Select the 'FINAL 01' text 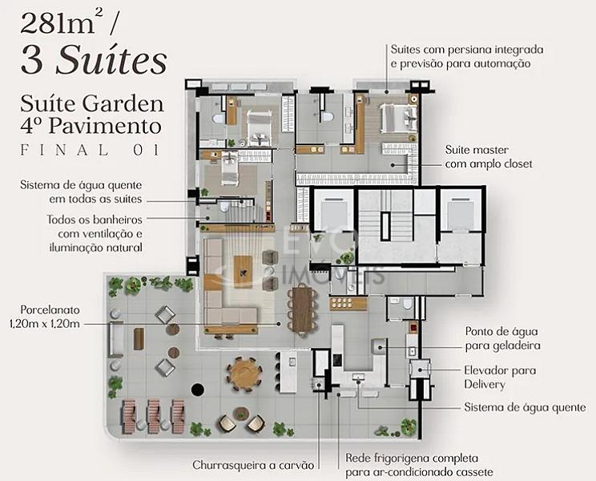point(90,150)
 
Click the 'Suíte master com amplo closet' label point(489,156)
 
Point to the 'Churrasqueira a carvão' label point(253,465)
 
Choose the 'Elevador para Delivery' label point(500,377)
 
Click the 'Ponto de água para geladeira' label point(502,338)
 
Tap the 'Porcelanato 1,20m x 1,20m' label point(45,317)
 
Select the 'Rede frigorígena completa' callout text point(412,459)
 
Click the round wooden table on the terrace point(244,373)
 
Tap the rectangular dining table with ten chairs point(303,309)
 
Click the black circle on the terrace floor point(198,390)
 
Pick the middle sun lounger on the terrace point(154,416)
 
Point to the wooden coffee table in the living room point(243,269)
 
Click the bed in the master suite point(399,119)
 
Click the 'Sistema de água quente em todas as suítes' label point(82,192)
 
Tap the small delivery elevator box point(420,369)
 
